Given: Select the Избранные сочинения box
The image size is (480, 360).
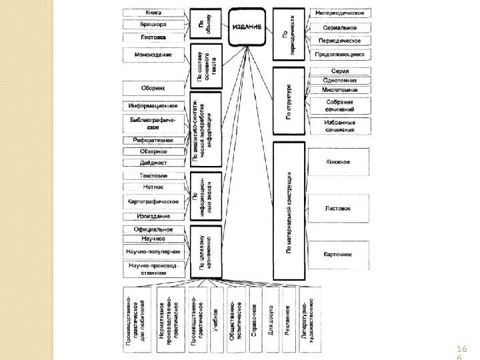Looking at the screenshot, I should pos(339,125).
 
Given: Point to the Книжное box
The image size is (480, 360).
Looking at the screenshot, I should pos(338,162).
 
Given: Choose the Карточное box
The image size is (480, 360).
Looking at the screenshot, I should pos(338,255).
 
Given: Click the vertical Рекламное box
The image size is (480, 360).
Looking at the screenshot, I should pos(288,319).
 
